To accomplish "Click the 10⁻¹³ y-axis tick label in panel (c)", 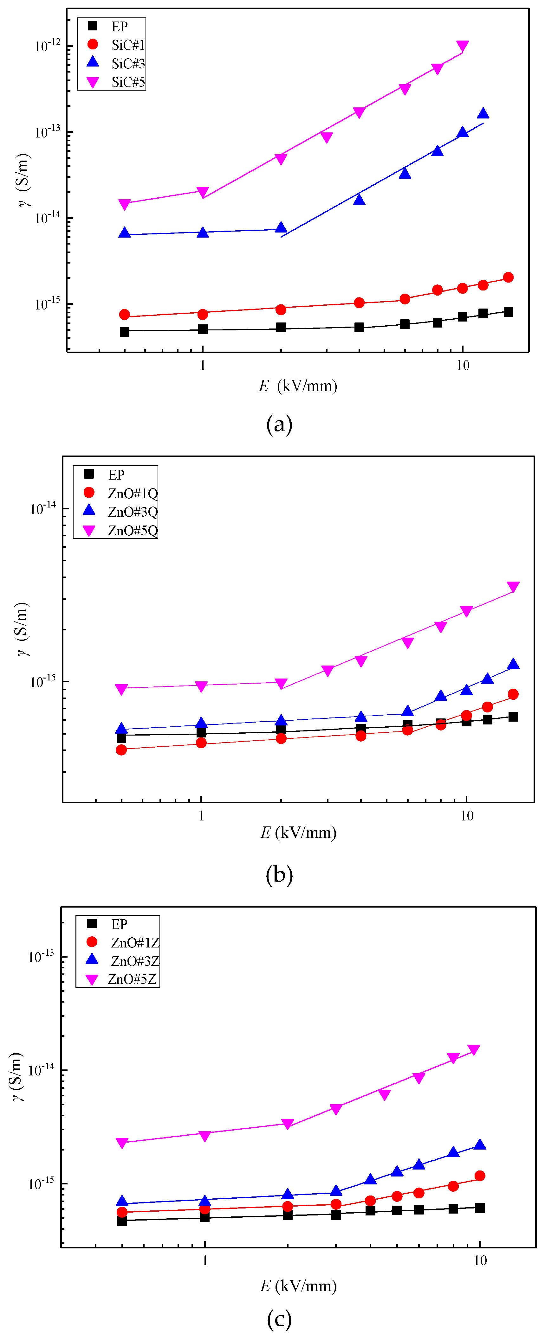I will [x=41, y=956].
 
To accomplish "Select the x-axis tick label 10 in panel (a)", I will [x=462, y=366].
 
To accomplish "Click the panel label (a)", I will [x=279, y=424].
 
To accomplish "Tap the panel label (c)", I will [x=279, y=1318].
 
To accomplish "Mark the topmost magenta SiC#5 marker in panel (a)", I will [x=462, y=46].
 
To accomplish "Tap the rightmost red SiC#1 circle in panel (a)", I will [x=508, y=277].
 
